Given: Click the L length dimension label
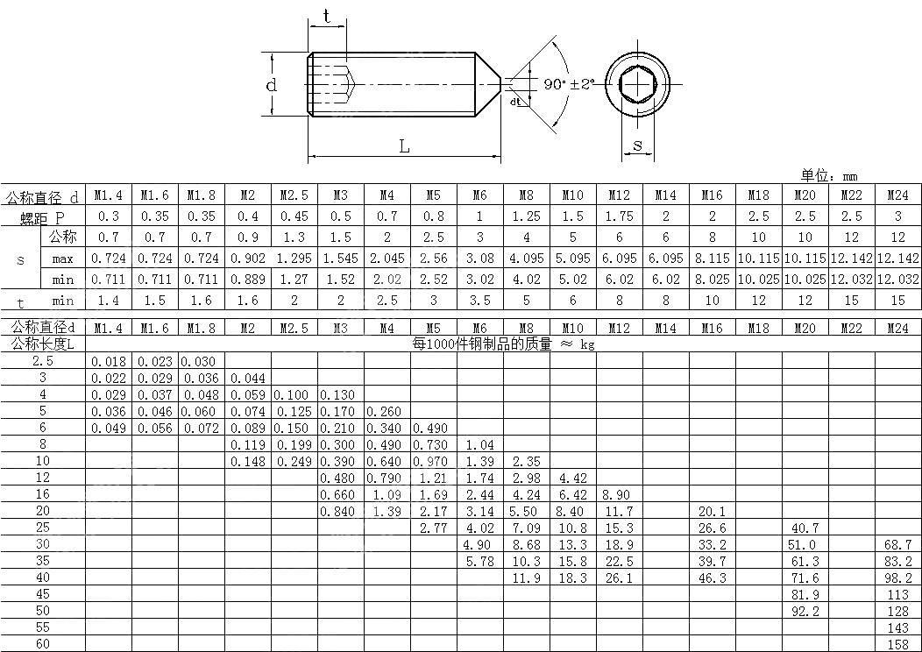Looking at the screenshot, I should [404, 147].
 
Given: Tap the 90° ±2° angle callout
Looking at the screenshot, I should [568, 84].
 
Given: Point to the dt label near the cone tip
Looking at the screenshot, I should [515, 103].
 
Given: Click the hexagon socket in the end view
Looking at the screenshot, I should [638, 83].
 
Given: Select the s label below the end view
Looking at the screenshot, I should [637, 145].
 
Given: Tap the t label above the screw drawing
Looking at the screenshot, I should [327, 17].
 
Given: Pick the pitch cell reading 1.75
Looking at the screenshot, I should [619, 216].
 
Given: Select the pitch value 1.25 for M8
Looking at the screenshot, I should [526, 216].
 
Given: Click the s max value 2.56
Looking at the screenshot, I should [433, 259].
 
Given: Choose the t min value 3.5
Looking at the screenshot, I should [479, 300].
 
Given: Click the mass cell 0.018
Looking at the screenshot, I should [109, 361].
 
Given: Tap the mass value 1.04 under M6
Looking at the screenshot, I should [479, 445].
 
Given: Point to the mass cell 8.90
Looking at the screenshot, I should [619, 495].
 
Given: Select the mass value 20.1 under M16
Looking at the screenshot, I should [712, 512].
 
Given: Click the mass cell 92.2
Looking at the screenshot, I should [805, 612].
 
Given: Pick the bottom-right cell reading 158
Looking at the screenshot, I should [897, 645].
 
